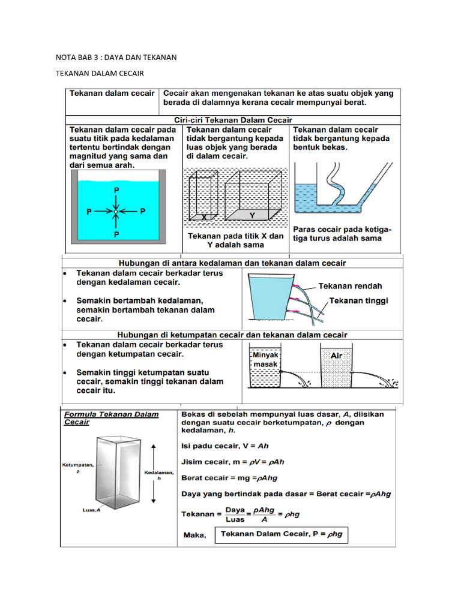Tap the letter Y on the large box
tap(252, 215)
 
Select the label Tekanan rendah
tap(350, 286)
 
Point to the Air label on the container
tap(337, 356)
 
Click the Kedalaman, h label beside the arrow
tap(159, 475)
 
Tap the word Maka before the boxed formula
tap(194, 535)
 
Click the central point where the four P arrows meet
tap(116, 212)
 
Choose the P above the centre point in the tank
tap(116, 189)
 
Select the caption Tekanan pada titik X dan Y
tap(235, 240)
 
